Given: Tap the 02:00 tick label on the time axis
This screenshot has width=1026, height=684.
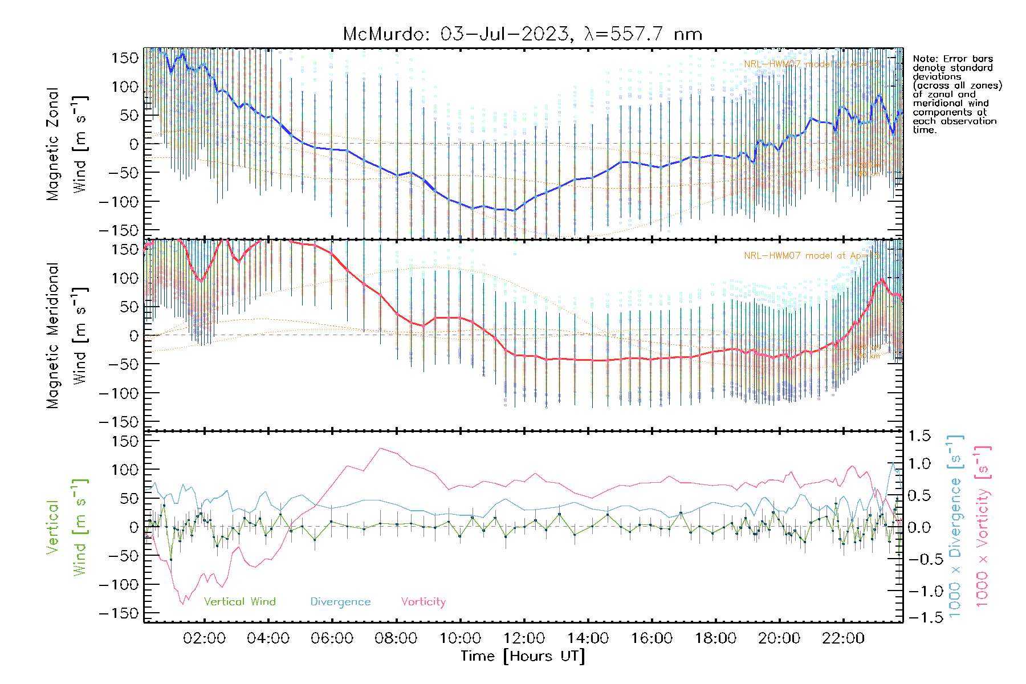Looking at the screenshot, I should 204,638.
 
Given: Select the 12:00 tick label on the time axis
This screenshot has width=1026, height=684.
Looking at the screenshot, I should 524,638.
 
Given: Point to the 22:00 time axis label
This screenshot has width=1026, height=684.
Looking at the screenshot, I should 843,638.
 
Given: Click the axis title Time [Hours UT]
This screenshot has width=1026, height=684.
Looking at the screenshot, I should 523,656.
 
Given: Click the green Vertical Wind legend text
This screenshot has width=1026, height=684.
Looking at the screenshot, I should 239,602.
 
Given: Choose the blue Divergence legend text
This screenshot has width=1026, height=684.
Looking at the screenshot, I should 340,602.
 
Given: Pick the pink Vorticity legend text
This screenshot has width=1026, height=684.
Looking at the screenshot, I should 423,602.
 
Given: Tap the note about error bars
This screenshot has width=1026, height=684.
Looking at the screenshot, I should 956,94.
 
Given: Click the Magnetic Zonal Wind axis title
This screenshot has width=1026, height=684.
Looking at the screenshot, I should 67,144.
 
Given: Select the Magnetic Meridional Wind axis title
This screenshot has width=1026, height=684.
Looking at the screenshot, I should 67,335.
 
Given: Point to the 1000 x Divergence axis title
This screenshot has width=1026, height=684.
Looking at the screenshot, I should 955,526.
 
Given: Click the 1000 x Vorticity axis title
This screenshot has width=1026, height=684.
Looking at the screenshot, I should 982,526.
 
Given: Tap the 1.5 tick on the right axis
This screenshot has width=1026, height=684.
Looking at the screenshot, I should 919,436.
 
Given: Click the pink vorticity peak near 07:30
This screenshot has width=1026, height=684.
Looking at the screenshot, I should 380,449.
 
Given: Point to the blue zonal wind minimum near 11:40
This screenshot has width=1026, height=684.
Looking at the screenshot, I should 515,211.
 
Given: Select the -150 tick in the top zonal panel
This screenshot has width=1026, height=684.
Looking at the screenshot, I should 119,230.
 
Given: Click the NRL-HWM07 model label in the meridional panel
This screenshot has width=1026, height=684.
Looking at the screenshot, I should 811,256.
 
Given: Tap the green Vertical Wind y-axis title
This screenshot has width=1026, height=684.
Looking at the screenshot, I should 67,527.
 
